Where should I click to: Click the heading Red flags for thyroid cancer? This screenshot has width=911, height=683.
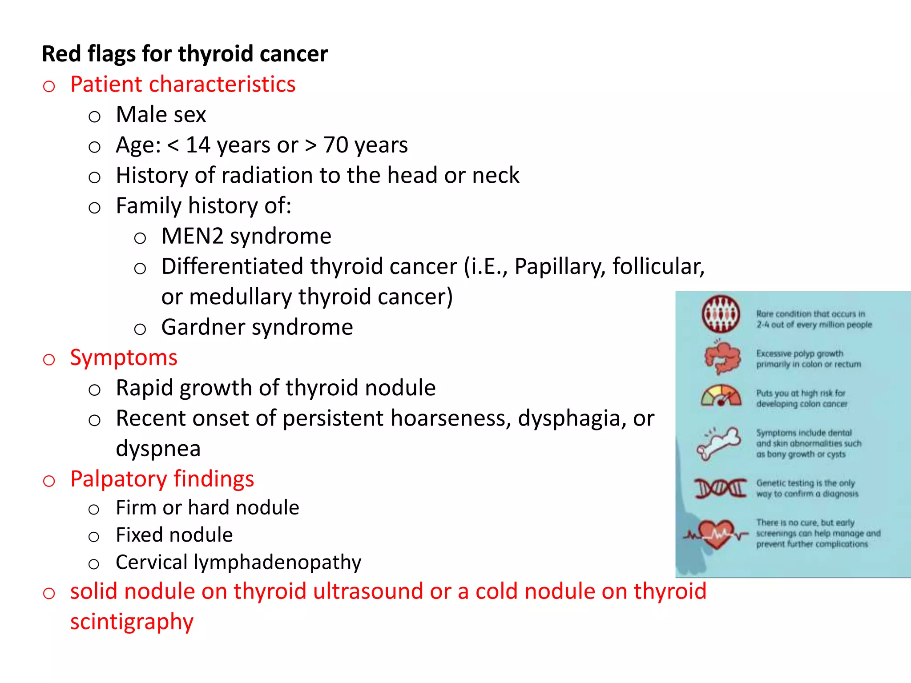click(x=185, y=54)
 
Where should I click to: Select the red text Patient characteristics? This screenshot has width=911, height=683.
click(x=183, y=84)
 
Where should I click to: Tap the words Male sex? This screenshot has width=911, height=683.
click(x=161, y=115)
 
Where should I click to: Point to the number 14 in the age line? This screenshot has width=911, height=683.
click(x=198, y=145)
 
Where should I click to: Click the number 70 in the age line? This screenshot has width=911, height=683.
click(x=336, y=145)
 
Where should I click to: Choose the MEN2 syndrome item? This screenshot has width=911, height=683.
click(x=246, y=236)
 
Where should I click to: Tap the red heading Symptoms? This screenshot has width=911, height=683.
click(x=124, y=358)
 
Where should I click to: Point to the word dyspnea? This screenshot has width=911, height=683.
click(x=158, y=449)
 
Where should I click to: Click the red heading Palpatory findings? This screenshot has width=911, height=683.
click(x=162, y=479)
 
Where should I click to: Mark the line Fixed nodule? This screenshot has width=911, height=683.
click(x=174, y=535)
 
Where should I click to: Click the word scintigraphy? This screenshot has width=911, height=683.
click(x=132, y=622)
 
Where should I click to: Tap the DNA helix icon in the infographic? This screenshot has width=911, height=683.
click(x=721, y=488)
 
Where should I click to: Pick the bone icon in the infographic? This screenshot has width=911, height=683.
click(x=719, y=443)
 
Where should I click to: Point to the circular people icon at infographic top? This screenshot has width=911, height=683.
click(x=721, y=314)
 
